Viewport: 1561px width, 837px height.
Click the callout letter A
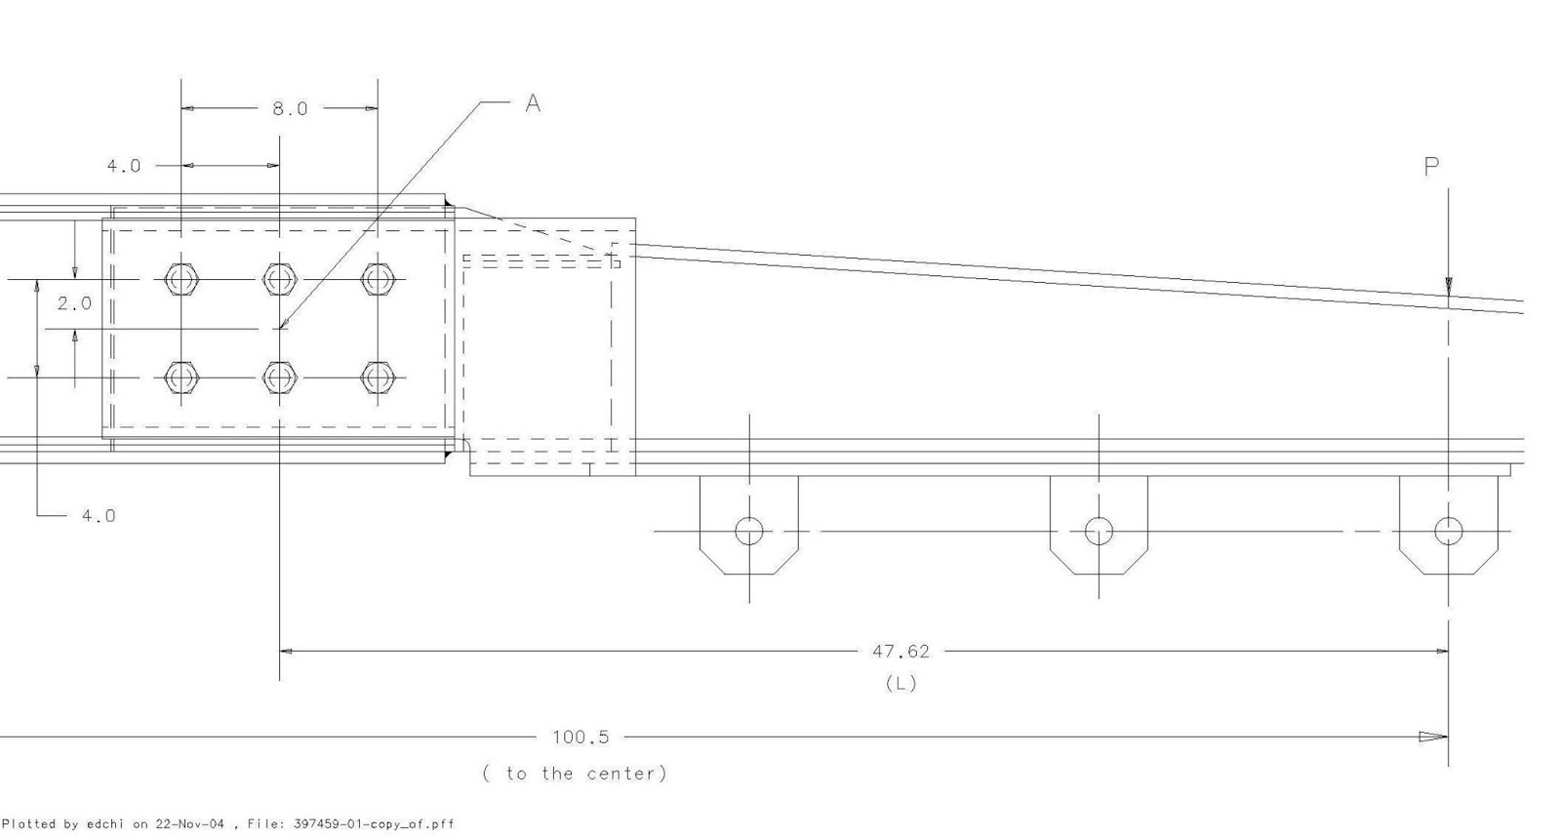pyautogui.click(x=533, y=102)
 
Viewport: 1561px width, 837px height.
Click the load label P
pyautogui.click(x=1431, y=167)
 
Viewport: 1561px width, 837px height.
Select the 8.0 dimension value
pyautogui.click(x=290, y=108)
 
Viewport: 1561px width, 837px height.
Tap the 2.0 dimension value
pyautogui.click(x=74, y=303)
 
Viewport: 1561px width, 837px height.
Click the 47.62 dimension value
pyautogui.click(x=900, y=651)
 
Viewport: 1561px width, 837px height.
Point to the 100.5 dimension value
pyautogui.click(x=580, y=737)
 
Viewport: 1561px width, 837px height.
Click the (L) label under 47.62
pyautogui.click(x=901, y=683)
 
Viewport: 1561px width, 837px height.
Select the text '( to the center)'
pyautogui.click(x=575, y=774)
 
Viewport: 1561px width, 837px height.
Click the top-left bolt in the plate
pyautogui.click(x=180, y=280)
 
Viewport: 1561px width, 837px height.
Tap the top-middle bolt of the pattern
pyautogui.click(x=279, y=280)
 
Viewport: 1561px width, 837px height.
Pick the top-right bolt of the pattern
pyautogui.click(x=377, y=280)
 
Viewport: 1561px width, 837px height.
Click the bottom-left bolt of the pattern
pyautogui.click(x=180, y=377)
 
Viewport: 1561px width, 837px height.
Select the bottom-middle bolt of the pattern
pyautogui.click(x=279, y=377)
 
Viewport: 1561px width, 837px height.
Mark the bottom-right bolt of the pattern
pyautogui.click(x=377, y=377)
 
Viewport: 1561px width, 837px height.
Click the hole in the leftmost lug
pyautogui.click(x=748, y=531)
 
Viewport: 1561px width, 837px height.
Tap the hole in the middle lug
pyautogui.click(x=1099, y=531)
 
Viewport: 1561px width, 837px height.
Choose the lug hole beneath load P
pyautogui.click(x=1448, y=531)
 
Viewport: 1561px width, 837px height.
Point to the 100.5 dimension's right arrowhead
pyautogui.click(x=1433, y=737)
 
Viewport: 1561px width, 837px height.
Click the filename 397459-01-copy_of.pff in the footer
pyautogui.click(x=374, y=824)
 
